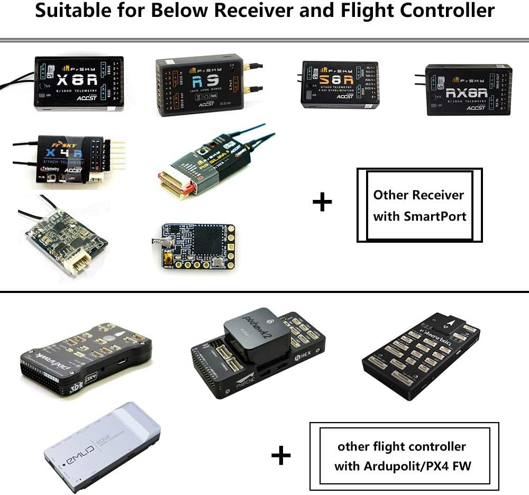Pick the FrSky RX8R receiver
(469, 89)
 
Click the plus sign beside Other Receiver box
(322, 202)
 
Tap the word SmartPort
(437, 216)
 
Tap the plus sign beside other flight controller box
(281, 455)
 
